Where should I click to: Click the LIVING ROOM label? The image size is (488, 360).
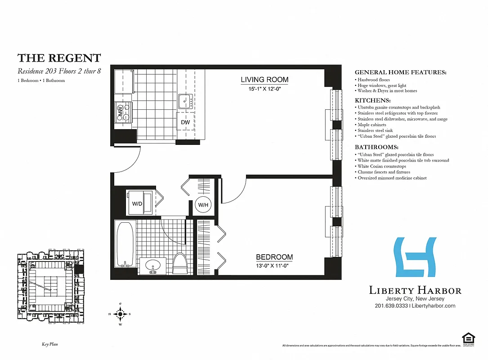tap(264, 80)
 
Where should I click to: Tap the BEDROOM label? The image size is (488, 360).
tap(274, 257)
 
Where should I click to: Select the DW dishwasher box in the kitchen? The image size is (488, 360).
tap(185, 122)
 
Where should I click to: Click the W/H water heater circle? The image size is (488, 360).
tap(203, 205)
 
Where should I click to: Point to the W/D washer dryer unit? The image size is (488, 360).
tap(140, 202)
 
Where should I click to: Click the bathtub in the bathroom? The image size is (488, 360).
tap(125, 244)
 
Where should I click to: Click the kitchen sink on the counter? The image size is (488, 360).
tap(185, 102)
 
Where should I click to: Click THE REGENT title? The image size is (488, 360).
tap(59, 58)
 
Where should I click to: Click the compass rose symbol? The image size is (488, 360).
tap(120, 314)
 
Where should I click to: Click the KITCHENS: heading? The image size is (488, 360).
tap(373, 101)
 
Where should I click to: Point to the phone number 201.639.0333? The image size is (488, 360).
tap(391, 306)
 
